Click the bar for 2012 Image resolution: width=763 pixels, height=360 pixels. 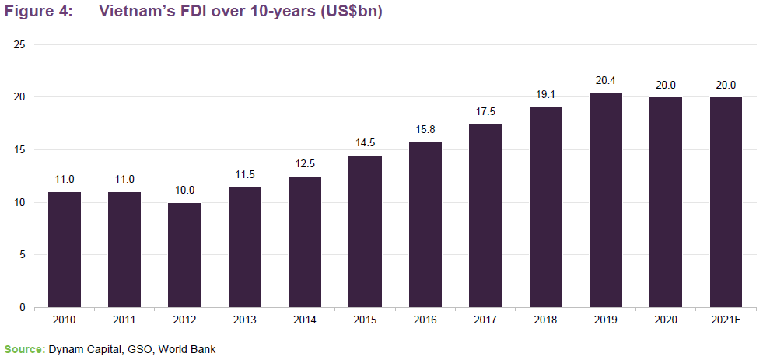(x=184, y=255)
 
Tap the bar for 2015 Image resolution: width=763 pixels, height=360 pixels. (x=365, y=232)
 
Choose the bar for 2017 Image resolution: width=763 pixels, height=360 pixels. (x=485, y=215)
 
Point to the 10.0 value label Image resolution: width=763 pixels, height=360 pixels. (x=184, y=189)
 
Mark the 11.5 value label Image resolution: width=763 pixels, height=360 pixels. (x=245, y=173)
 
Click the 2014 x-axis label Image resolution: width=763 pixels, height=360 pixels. (x=305, y=320)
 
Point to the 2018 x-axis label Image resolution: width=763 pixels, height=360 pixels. (x=546, y=320)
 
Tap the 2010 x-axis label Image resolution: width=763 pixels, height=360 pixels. (x=65, y=320)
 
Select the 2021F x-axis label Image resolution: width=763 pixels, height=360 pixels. (x=726, y=320)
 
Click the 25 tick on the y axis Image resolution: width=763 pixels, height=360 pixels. (x=20, y=44)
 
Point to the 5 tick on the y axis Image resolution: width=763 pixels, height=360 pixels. (x=23, y=255)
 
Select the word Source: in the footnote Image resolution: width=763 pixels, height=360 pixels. (x=24, y=349)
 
